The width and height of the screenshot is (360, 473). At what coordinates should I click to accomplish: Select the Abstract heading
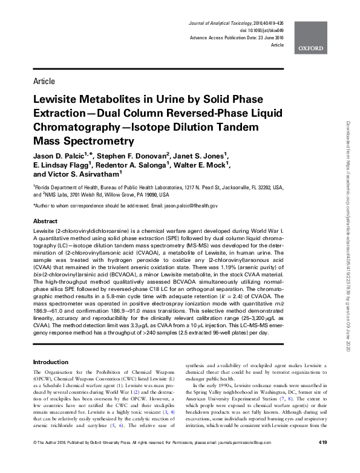45,222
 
